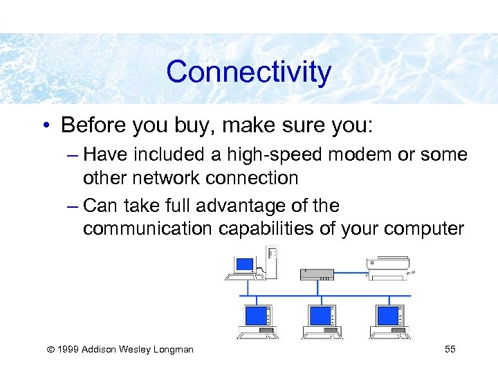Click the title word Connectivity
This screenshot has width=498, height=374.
coord(249,72)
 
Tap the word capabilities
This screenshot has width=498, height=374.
coord(285,229)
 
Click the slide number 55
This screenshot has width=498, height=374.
coord(450,349)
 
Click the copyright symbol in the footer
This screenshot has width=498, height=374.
coord(48,349)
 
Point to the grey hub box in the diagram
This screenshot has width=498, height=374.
coord(317,274)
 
